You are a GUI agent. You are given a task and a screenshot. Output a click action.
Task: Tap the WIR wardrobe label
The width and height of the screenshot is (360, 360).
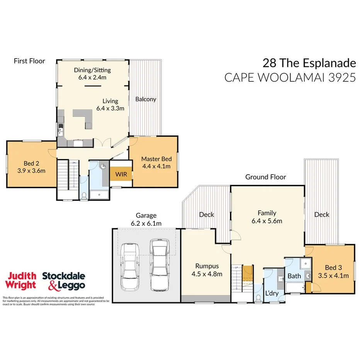[120, 174]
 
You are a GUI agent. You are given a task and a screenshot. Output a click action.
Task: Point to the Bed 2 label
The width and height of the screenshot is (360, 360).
[31, 163]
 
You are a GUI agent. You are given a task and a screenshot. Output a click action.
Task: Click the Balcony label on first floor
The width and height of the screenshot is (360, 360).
[146, 99]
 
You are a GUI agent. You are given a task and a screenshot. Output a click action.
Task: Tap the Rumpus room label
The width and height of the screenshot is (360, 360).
[207, 266]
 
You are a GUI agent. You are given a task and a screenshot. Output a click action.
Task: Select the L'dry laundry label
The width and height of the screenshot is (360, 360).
[272, 293]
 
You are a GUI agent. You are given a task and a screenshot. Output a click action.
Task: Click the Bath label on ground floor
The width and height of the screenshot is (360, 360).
[294, 276]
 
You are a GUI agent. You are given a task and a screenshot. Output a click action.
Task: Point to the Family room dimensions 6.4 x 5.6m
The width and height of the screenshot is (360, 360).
[267, 221]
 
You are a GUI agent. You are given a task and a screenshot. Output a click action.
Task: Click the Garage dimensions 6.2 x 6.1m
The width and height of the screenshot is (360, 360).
[146, 223]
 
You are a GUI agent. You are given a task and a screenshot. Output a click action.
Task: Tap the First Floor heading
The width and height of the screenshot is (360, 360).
[29, 61]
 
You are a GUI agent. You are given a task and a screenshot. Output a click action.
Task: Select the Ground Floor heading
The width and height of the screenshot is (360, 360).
[266, 177]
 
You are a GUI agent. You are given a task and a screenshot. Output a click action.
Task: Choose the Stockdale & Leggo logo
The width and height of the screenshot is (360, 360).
[63, 281]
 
